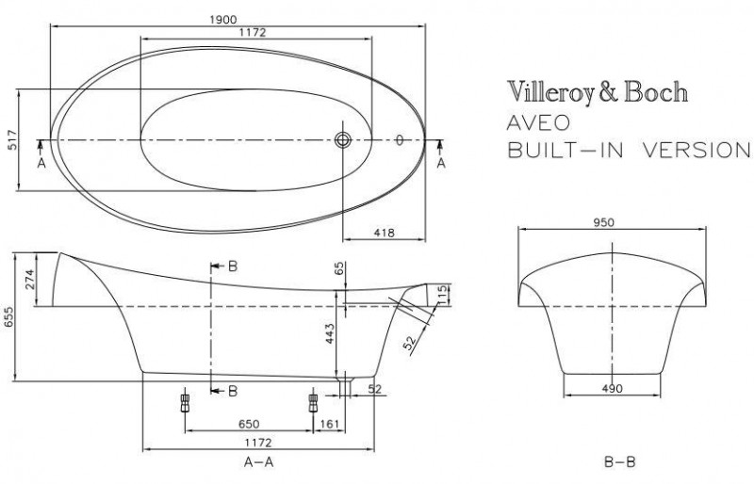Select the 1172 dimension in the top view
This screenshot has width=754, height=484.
252,32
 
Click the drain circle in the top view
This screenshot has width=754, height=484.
343,140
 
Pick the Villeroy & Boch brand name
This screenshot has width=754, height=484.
598,92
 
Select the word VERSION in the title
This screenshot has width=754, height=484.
697,151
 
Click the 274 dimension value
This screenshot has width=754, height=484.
30,280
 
